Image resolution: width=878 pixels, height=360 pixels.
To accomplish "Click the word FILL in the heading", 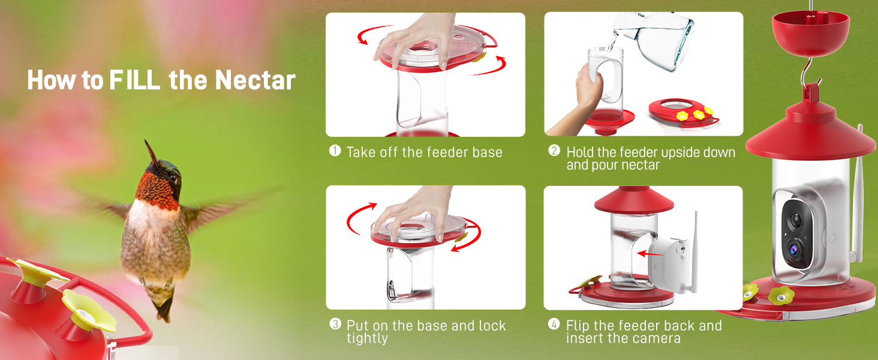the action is click(134, 80).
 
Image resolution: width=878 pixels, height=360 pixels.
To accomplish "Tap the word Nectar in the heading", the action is click(255, 80).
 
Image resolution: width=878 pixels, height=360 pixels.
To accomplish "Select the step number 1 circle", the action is click(335, 151).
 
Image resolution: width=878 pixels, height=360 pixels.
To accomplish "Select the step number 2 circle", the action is click(554, 150).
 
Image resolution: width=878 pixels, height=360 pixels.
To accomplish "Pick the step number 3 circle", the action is click(335, 324).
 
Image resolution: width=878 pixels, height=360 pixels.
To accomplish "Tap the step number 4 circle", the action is click(554, 324).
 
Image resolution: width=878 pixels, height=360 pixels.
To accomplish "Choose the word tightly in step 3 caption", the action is click(367, 338).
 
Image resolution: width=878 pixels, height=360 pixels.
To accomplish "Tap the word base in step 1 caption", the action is click(487, 152).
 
